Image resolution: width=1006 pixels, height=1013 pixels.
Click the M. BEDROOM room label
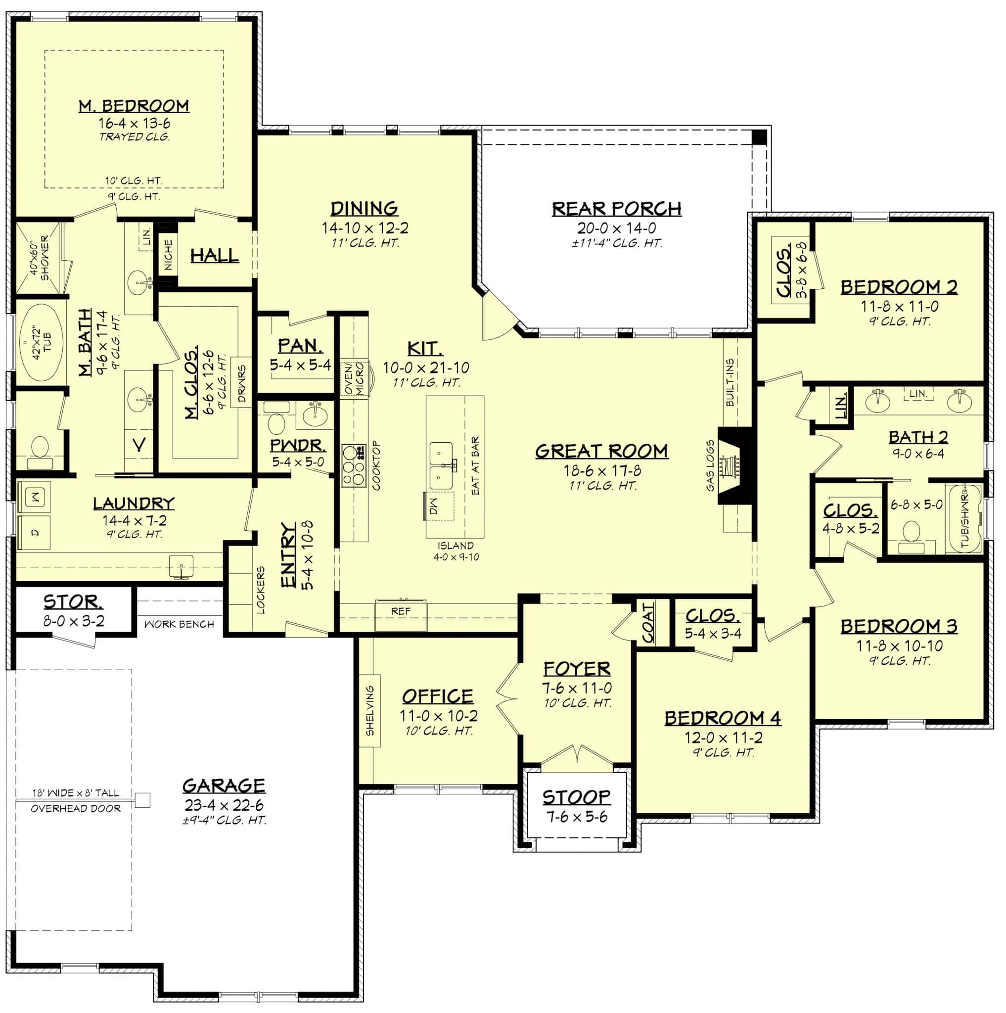coord(134,106)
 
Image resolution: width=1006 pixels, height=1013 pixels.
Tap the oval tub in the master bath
coord(42,344)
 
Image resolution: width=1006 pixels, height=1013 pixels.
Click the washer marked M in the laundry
coord(35,496)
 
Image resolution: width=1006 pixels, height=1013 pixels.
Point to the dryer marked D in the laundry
coord(35,533)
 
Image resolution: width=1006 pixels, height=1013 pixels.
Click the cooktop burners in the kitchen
coord(354,465)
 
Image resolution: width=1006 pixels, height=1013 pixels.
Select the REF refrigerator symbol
coord(401,611)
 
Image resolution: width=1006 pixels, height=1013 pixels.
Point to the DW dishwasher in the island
coord(438,506)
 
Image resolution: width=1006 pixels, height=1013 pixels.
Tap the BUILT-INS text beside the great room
coord(730,382)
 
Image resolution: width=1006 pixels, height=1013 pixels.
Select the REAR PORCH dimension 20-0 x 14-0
coord(616,228)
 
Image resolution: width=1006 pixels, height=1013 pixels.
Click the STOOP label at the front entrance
coord(576,797)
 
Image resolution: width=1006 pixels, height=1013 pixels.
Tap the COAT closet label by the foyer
coord(648,622)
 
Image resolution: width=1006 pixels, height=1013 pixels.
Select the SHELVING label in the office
coord(370,710)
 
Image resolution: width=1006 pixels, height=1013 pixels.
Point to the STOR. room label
coord(73,601)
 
